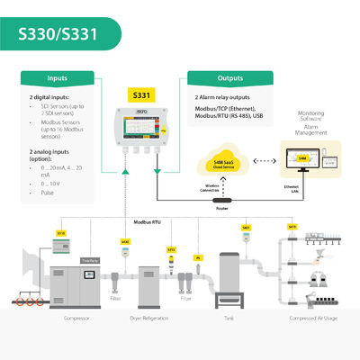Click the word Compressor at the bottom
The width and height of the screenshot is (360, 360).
[76, 318]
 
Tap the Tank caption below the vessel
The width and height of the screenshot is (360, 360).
[228, 318]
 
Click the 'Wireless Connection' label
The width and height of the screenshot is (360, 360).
[210, 187]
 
